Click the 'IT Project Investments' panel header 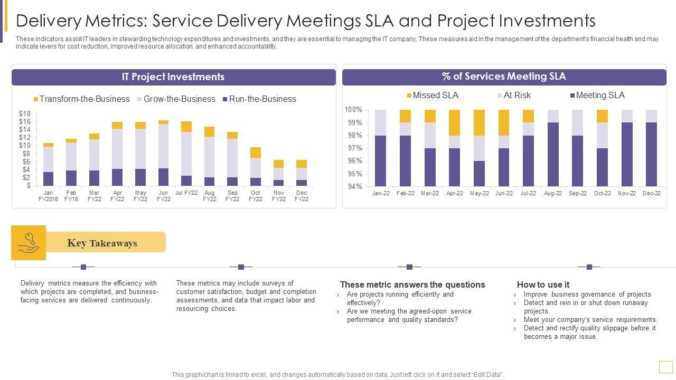(x=173, y=77)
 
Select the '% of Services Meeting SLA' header (x=504, y=77)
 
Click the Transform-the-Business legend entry (x=81, y=99)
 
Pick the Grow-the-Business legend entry (x=176, y=99)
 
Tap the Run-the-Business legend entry (x=259, y=99)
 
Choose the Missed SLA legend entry (x=432, y=96)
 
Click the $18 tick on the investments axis (x=25, y=113)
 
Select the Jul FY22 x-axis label (x=186, y=193)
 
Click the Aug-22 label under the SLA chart (x=553, y=194)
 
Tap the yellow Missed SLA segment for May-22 (x=479, y=122)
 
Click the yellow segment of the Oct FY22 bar (x=256, y=153)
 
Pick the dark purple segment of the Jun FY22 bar (x=163, y=177)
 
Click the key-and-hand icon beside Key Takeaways (x=29, y=243)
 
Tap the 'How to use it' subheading (x=543, y=285)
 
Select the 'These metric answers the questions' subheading (x=412, y=285)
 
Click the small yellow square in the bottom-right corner (x=665, y=367)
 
